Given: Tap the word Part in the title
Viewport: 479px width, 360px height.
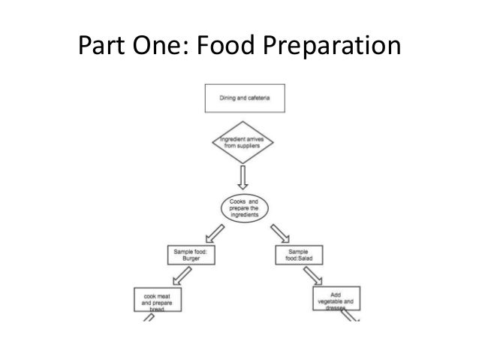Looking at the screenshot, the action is (x=102, y=47).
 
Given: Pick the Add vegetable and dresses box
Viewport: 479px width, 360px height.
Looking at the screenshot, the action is (x=336, y=300).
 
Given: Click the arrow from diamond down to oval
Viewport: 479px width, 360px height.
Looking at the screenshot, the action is (x=242, y=178).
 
